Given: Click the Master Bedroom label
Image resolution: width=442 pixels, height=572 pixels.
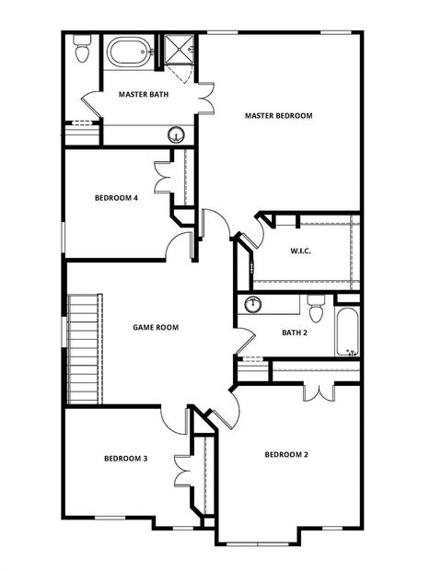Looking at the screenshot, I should (278, 116).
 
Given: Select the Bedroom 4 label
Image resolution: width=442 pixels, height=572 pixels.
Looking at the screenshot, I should (116, 197).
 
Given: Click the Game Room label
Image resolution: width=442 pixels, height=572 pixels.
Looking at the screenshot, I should (155, 326).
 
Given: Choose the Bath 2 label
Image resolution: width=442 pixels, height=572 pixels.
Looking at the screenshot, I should (294, 333).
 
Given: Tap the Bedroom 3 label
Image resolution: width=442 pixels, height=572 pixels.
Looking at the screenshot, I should (126, 458).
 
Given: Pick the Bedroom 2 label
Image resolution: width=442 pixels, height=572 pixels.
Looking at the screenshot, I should (286, 454).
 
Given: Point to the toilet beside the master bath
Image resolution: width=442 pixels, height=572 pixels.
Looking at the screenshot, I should (81, 51).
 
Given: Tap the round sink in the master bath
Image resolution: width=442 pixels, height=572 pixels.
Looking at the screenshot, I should (175, 135).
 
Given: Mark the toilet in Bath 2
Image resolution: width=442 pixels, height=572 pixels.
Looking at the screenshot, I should (315, 305).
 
